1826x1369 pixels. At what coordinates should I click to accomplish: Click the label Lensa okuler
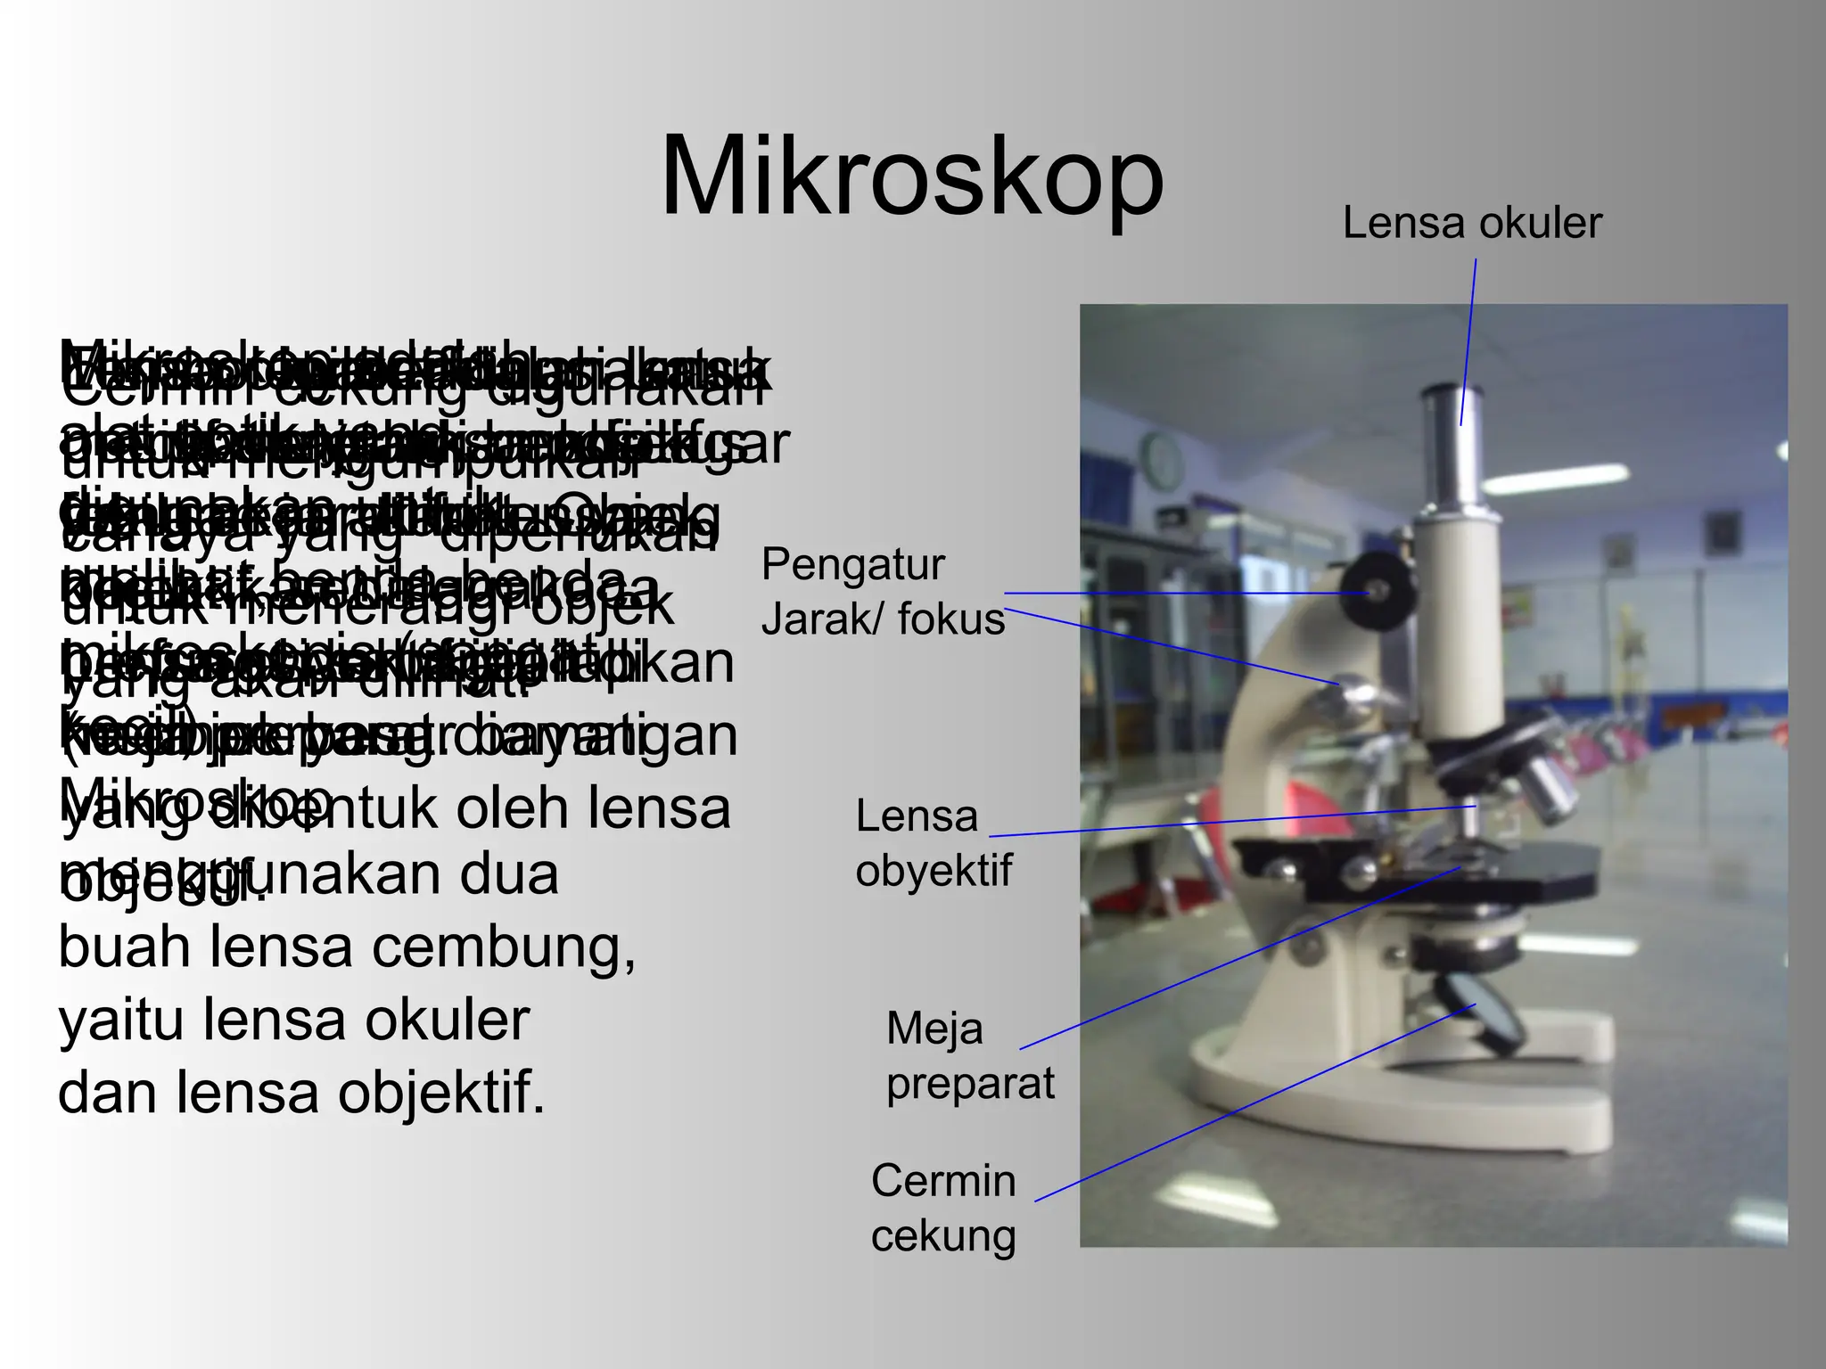point(1471,223)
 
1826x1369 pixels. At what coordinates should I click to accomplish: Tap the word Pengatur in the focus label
point(852,565)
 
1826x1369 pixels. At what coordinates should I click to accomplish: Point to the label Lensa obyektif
point(933,842)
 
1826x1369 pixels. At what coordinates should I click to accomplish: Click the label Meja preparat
point(969,1056)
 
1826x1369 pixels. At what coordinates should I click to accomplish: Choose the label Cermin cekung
point(943,1208)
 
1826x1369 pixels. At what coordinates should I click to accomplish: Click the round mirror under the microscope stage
point(1483,1010)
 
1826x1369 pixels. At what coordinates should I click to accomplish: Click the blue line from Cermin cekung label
point(1248,1105)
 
